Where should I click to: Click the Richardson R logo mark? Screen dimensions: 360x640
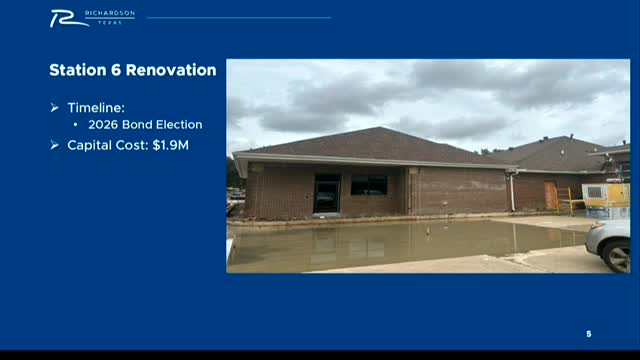(65, 17)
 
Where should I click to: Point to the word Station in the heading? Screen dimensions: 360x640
(76, 71)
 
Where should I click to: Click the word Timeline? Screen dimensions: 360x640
(98, 107)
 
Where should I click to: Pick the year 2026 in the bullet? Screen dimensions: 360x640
(105, 125)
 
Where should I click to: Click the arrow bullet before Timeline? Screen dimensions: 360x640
(55, 107)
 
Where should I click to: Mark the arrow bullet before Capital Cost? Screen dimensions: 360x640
(55, 145)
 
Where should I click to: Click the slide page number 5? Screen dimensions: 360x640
(589, 333)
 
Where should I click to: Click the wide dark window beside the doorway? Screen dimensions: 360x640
(369, 185)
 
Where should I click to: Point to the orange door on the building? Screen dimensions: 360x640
(551, 195)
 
